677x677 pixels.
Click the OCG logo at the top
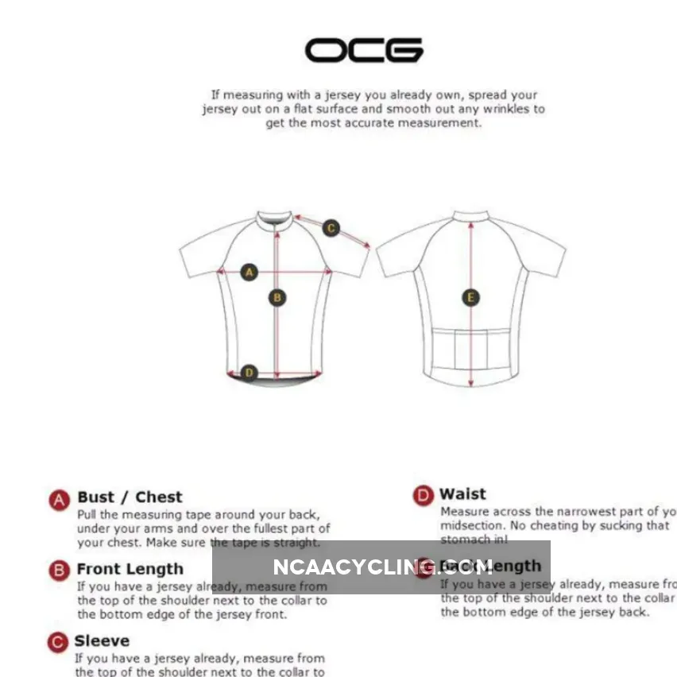[x=364, y=51]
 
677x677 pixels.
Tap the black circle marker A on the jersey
[x=250, y=272]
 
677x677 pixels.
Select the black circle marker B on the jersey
[x=277, y=298]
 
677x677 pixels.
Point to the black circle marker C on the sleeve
[x=331, y=229]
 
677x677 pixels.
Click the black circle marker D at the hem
[x=250, y=372]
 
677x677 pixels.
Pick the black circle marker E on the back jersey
[x=470, y=298]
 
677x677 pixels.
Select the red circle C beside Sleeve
[x=57, y=642]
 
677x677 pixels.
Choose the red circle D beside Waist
[x=423, y=496]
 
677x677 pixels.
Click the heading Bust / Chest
[x=130, y=497]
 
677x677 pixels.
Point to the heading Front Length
[x=130, y=569]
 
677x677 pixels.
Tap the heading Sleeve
[x=102, y=640]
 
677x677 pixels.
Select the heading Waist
[x=462, y=494]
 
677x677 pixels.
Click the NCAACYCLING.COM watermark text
[x=382, y=567]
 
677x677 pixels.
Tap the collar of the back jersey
[x=470, y=215]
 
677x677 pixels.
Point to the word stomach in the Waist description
[x=465, y=540]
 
